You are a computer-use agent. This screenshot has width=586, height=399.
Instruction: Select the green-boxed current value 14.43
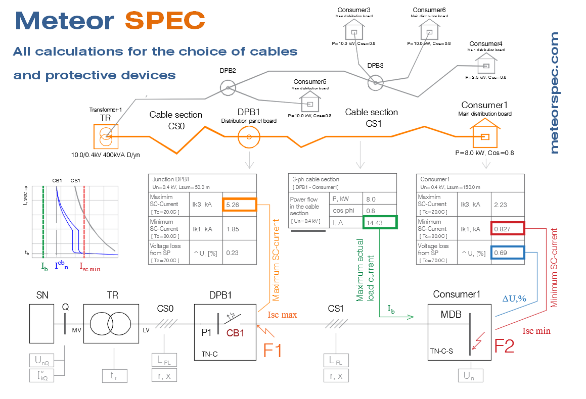379,223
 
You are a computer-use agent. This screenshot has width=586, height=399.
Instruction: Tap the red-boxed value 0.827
507,229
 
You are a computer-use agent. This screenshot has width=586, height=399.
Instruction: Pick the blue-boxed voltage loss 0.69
507,253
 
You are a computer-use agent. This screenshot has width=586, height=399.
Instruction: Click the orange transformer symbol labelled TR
106,136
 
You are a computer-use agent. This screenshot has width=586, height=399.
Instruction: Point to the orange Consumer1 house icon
485,135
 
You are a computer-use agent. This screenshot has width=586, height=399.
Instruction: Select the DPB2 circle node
228,88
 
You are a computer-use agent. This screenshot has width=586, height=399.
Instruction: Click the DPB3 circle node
375,83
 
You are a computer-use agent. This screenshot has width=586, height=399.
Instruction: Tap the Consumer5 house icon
310,103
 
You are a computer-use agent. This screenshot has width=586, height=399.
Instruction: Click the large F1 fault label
273,350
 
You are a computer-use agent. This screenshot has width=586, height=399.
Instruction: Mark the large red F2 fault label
504,346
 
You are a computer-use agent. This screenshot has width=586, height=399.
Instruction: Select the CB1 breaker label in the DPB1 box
236,333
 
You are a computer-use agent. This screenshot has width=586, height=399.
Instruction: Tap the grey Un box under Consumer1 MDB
470,376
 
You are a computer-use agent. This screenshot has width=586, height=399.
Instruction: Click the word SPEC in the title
165,20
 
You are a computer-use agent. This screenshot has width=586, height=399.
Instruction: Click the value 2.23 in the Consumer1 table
500,205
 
